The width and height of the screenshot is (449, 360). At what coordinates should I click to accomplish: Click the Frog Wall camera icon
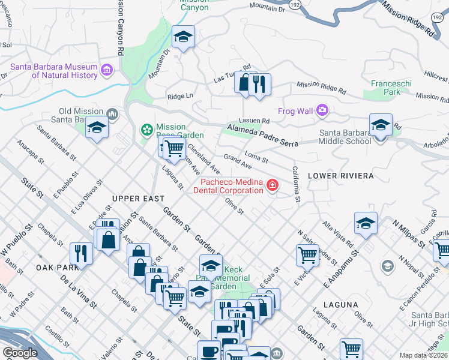(322, 110)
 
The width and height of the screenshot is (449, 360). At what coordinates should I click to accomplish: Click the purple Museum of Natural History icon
(107, 70)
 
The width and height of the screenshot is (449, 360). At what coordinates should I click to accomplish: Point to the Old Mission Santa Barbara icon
(112, 114)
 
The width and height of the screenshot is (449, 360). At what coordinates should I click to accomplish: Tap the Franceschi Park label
(385, 88)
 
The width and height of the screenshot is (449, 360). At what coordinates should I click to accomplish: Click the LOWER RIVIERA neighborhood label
(340, 176)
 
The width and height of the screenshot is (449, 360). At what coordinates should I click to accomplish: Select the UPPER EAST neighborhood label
(134, 199)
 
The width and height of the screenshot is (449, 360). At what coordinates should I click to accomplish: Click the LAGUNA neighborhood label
(340, 305)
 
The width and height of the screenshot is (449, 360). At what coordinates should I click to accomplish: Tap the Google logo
(20, 353)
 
